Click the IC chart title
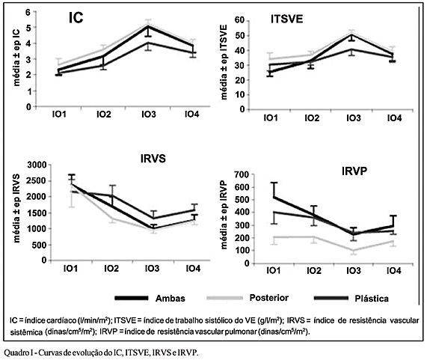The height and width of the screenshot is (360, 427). tap(76, 18)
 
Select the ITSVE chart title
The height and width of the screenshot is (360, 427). tap(286, 19)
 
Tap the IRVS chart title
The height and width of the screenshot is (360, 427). tap(153, 159)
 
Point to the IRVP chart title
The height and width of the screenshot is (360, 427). tap(354, 171)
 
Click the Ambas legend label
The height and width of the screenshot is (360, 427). tap(171, 299)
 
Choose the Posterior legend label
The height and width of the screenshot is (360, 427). tap(269, 298)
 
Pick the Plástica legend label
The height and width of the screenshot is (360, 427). tap(372, 299)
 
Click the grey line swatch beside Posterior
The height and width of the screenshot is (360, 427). tap(224, 298)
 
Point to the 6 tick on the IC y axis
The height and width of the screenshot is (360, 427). tap(28, 12)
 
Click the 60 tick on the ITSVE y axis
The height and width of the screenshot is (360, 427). tap(240, 21)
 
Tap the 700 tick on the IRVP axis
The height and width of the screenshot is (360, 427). tap(242, 174)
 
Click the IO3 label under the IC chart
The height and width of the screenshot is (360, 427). tap(149, 115)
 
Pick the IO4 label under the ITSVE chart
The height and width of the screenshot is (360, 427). tap(395, 118)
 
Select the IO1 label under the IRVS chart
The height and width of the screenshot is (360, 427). tap(70, 269)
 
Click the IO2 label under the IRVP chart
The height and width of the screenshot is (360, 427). tap(314, 271)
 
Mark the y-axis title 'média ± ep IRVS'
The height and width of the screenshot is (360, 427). tap(17, 208)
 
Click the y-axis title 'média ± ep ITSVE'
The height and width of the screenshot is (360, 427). tap(224, 62)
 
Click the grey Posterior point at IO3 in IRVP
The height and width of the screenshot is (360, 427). tap(354, 251)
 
